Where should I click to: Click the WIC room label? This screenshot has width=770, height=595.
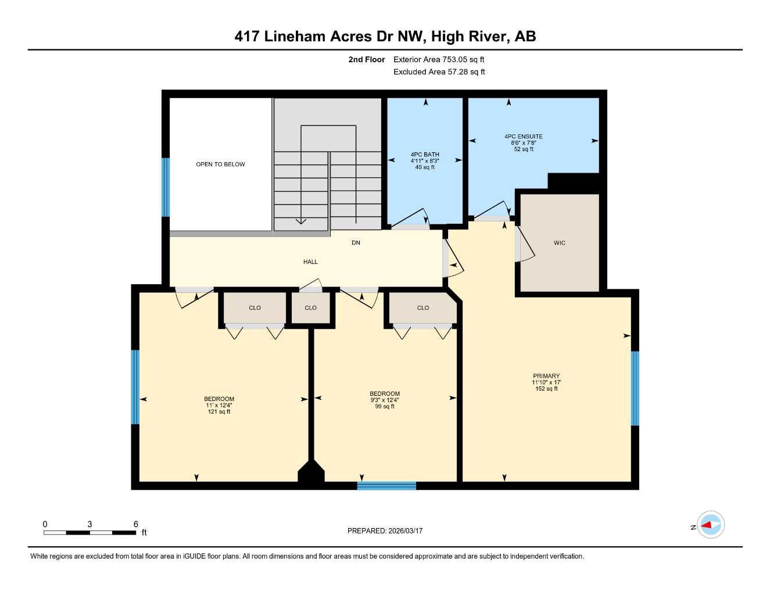pyautogui.click(x=559, y=243)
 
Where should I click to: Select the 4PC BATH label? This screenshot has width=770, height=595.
pyautogui.click(x=425, y=155)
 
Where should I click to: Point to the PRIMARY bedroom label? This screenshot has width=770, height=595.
pyautogui.click(x=546, y=376)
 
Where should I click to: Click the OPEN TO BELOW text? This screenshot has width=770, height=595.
pyautogui.click(x=220, y=164)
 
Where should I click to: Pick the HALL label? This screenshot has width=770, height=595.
pyautogui.click(x=310, y=262)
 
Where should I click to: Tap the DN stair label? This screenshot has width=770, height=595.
pyautogui.click(x=356, y=243)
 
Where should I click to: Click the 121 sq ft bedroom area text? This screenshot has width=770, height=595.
pyautogui.click(x=219, y=412)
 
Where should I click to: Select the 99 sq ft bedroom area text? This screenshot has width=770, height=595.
pyautogui.click(x=385, y=407)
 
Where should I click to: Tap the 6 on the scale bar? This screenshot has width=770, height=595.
pyautogui.click(x=136, y=524)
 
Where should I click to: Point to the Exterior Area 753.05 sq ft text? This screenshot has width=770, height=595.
pyautogui.click(x=439, y=59)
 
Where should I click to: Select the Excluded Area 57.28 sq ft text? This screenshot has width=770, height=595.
pyautogui.click(x=439, y=72)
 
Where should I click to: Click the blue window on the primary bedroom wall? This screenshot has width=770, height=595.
pyautogui.click(x=635, y=388)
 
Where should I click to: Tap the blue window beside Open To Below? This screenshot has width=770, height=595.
pyautogui.click(x=166, y=187)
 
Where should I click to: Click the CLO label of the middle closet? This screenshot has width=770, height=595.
pyautogui.click(x=310, y=308)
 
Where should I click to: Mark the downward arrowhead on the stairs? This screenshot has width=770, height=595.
pyautogui.click(x=300, y=221)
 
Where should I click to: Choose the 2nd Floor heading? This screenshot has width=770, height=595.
pyautogui.click(x=367, y=59)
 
